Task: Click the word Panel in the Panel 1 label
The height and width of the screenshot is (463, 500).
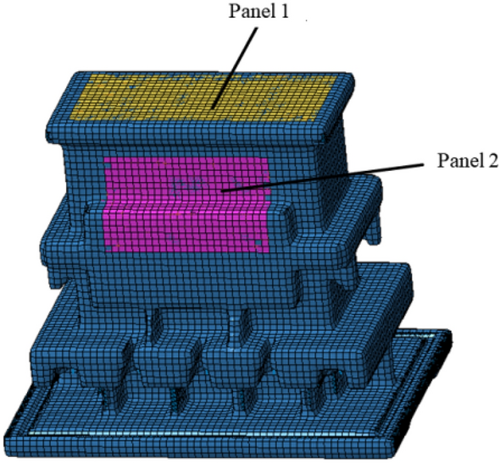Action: (250, 11)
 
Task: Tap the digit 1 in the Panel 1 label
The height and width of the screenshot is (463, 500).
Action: (284, 11)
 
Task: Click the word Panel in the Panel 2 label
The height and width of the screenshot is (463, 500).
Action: (458, 161)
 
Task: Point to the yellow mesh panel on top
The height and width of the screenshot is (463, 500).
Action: (204, 97)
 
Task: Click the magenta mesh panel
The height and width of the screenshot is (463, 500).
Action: (186, 204)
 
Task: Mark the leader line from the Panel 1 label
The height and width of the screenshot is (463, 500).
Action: (235, 68)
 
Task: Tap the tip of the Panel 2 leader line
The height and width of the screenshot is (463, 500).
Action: (223, 191)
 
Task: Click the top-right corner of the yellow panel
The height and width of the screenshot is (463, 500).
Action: (337, 76)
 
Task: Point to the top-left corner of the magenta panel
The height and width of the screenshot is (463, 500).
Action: (104, 157)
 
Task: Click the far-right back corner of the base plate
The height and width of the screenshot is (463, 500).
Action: (451, 332)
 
